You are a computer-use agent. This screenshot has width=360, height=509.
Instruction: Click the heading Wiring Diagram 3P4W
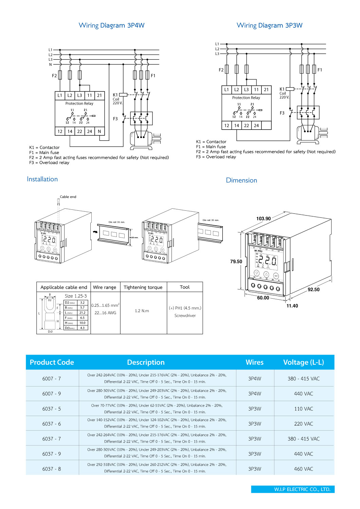coord(111,25)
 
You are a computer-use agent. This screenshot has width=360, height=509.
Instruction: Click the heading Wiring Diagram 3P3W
coord(269,25)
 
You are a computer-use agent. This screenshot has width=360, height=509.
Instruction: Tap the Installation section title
coord(42,179)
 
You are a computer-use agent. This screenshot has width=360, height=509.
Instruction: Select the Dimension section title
coord(241,180)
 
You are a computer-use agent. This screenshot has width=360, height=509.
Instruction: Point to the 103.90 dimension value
coord(264,219)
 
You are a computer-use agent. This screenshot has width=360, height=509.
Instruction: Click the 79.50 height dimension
coord(236,262)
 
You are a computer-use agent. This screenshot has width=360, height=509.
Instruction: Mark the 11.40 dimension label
coord(292,306)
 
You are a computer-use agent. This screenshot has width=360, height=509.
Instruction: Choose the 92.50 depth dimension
coord(313,289)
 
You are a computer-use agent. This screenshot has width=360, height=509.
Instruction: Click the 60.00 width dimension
coord(263,298)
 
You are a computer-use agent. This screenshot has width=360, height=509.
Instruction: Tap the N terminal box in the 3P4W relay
coord(99,131)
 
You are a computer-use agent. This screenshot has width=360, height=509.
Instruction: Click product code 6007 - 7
coord(52,379)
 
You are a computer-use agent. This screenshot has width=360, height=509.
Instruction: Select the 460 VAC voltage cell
coord(304,469)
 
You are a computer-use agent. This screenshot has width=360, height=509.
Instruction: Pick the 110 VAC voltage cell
coord(304,409)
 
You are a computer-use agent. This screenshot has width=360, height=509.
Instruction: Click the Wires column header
coord(255,362)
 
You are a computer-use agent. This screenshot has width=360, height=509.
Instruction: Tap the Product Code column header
coord(52,362)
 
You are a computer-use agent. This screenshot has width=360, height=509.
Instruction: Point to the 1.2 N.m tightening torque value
coord(142,311)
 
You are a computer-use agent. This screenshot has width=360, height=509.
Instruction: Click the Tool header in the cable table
coord(185,287)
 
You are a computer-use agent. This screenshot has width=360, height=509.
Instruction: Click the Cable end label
coord(68,197)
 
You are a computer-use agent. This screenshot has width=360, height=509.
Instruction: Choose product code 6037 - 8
coord(52,469)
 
